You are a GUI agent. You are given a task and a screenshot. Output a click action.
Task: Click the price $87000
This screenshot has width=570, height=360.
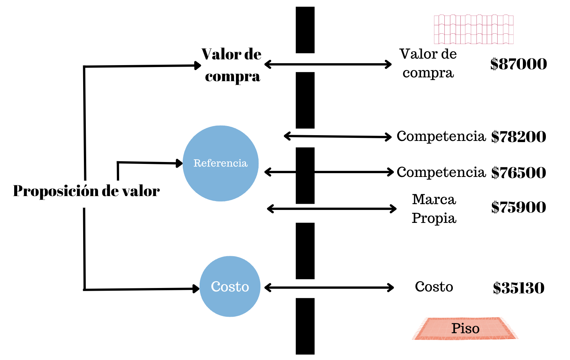coord(518,64)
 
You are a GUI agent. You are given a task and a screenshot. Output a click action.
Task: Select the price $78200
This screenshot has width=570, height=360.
coord(518,137)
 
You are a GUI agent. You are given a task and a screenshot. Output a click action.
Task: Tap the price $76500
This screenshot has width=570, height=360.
coord(518,173)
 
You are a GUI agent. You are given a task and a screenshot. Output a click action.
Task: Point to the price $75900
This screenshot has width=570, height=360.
coord(518,207)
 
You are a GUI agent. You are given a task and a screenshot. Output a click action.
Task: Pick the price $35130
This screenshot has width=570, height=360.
coord(518,288)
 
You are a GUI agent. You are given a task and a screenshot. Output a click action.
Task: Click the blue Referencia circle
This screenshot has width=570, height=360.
coord(221,164)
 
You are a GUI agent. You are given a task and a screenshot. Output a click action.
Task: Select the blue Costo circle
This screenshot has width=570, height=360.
coord(230,286)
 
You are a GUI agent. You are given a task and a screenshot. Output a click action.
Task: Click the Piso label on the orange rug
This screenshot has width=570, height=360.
coord(465,329)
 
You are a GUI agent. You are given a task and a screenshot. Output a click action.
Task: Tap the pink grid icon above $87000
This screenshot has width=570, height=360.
coord(473,29)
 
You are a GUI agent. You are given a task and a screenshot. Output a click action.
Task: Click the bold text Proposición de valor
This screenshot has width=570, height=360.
coord(86,191)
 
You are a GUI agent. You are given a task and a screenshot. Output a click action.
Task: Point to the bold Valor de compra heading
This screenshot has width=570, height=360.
coord(232,65)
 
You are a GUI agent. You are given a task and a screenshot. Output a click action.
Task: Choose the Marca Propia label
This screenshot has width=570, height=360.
coord(434,209)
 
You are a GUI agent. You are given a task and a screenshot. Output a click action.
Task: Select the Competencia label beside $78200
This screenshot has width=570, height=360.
coord(441,136)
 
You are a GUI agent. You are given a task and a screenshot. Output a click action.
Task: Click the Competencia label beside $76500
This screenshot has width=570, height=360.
coord(441,172)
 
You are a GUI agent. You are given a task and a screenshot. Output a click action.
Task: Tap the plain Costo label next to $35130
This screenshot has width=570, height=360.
coord(434,287)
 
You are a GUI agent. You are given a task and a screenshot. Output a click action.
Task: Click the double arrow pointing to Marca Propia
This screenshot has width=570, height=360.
coord(332,209)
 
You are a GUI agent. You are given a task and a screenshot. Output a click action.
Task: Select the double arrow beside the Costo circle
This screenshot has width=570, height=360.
coord(329,288)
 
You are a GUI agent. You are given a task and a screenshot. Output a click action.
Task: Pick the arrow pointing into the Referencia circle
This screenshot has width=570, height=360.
coord(149,163)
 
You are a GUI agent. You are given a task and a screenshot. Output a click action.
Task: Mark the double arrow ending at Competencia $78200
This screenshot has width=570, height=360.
coord(337,136)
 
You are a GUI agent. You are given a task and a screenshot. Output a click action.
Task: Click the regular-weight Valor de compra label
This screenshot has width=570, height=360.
coord(428,63)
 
